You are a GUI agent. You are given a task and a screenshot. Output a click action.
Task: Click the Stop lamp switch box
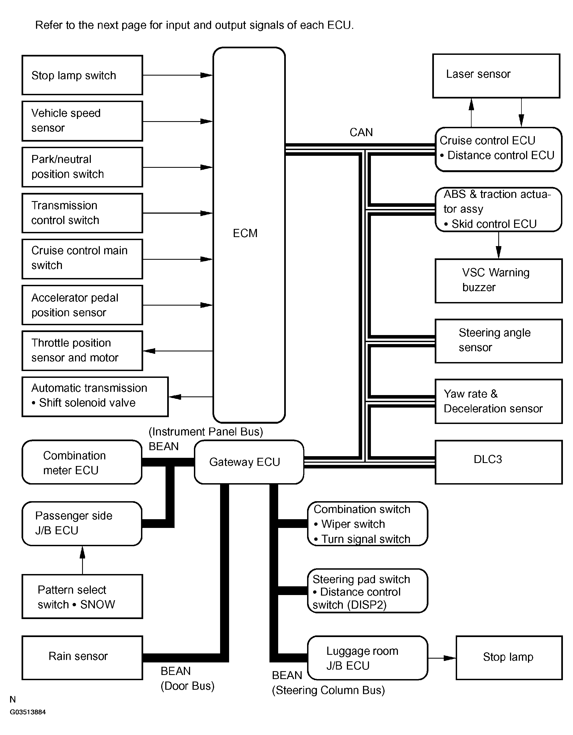click(82, 75)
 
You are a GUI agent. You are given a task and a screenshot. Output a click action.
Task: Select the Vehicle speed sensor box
click(82, 121)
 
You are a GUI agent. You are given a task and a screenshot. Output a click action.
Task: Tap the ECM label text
click(245, 233)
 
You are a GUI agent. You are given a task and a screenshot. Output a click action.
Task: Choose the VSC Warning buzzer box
click(498, 280)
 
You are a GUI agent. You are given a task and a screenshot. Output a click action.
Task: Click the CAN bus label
click(361, 132)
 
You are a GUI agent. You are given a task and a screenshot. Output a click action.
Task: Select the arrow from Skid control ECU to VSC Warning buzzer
click(499, 245)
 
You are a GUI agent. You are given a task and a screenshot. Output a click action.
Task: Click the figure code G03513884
click(28, 712)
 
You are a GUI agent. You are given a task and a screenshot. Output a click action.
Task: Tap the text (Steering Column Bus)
click(328, 690)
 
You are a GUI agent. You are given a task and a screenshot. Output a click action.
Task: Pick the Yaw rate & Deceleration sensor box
click(498, 401)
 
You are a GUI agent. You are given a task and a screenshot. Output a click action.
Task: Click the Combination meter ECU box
click(82, 462)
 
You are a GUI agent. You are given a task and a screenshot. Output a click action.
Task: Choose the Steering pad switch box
click(367, 591)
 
